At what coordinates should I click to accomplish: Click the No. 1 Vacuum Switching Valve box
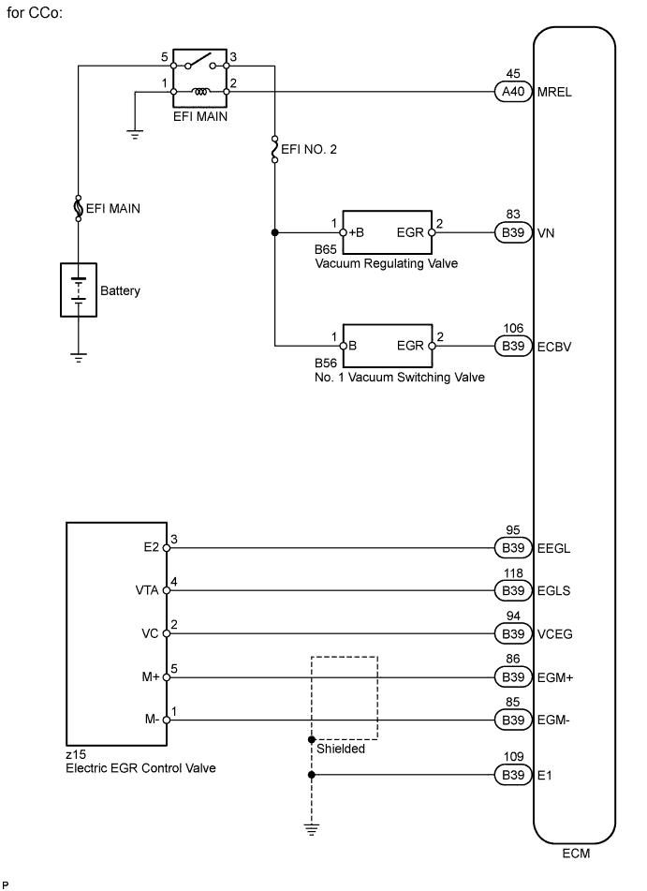(x=388, y=345)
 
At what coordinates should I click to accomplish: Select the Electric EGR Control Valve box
(x=116, y=632)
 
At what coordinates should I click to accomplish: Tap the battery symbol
(x=79, y=290)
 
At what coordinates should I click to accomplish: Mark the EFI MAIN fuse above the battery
(x=79, y=208)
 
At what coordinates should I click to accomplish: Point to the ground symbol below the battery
(x=79, y=356)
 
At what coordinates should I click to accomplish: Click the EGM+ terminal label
(x=556, y=677)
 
